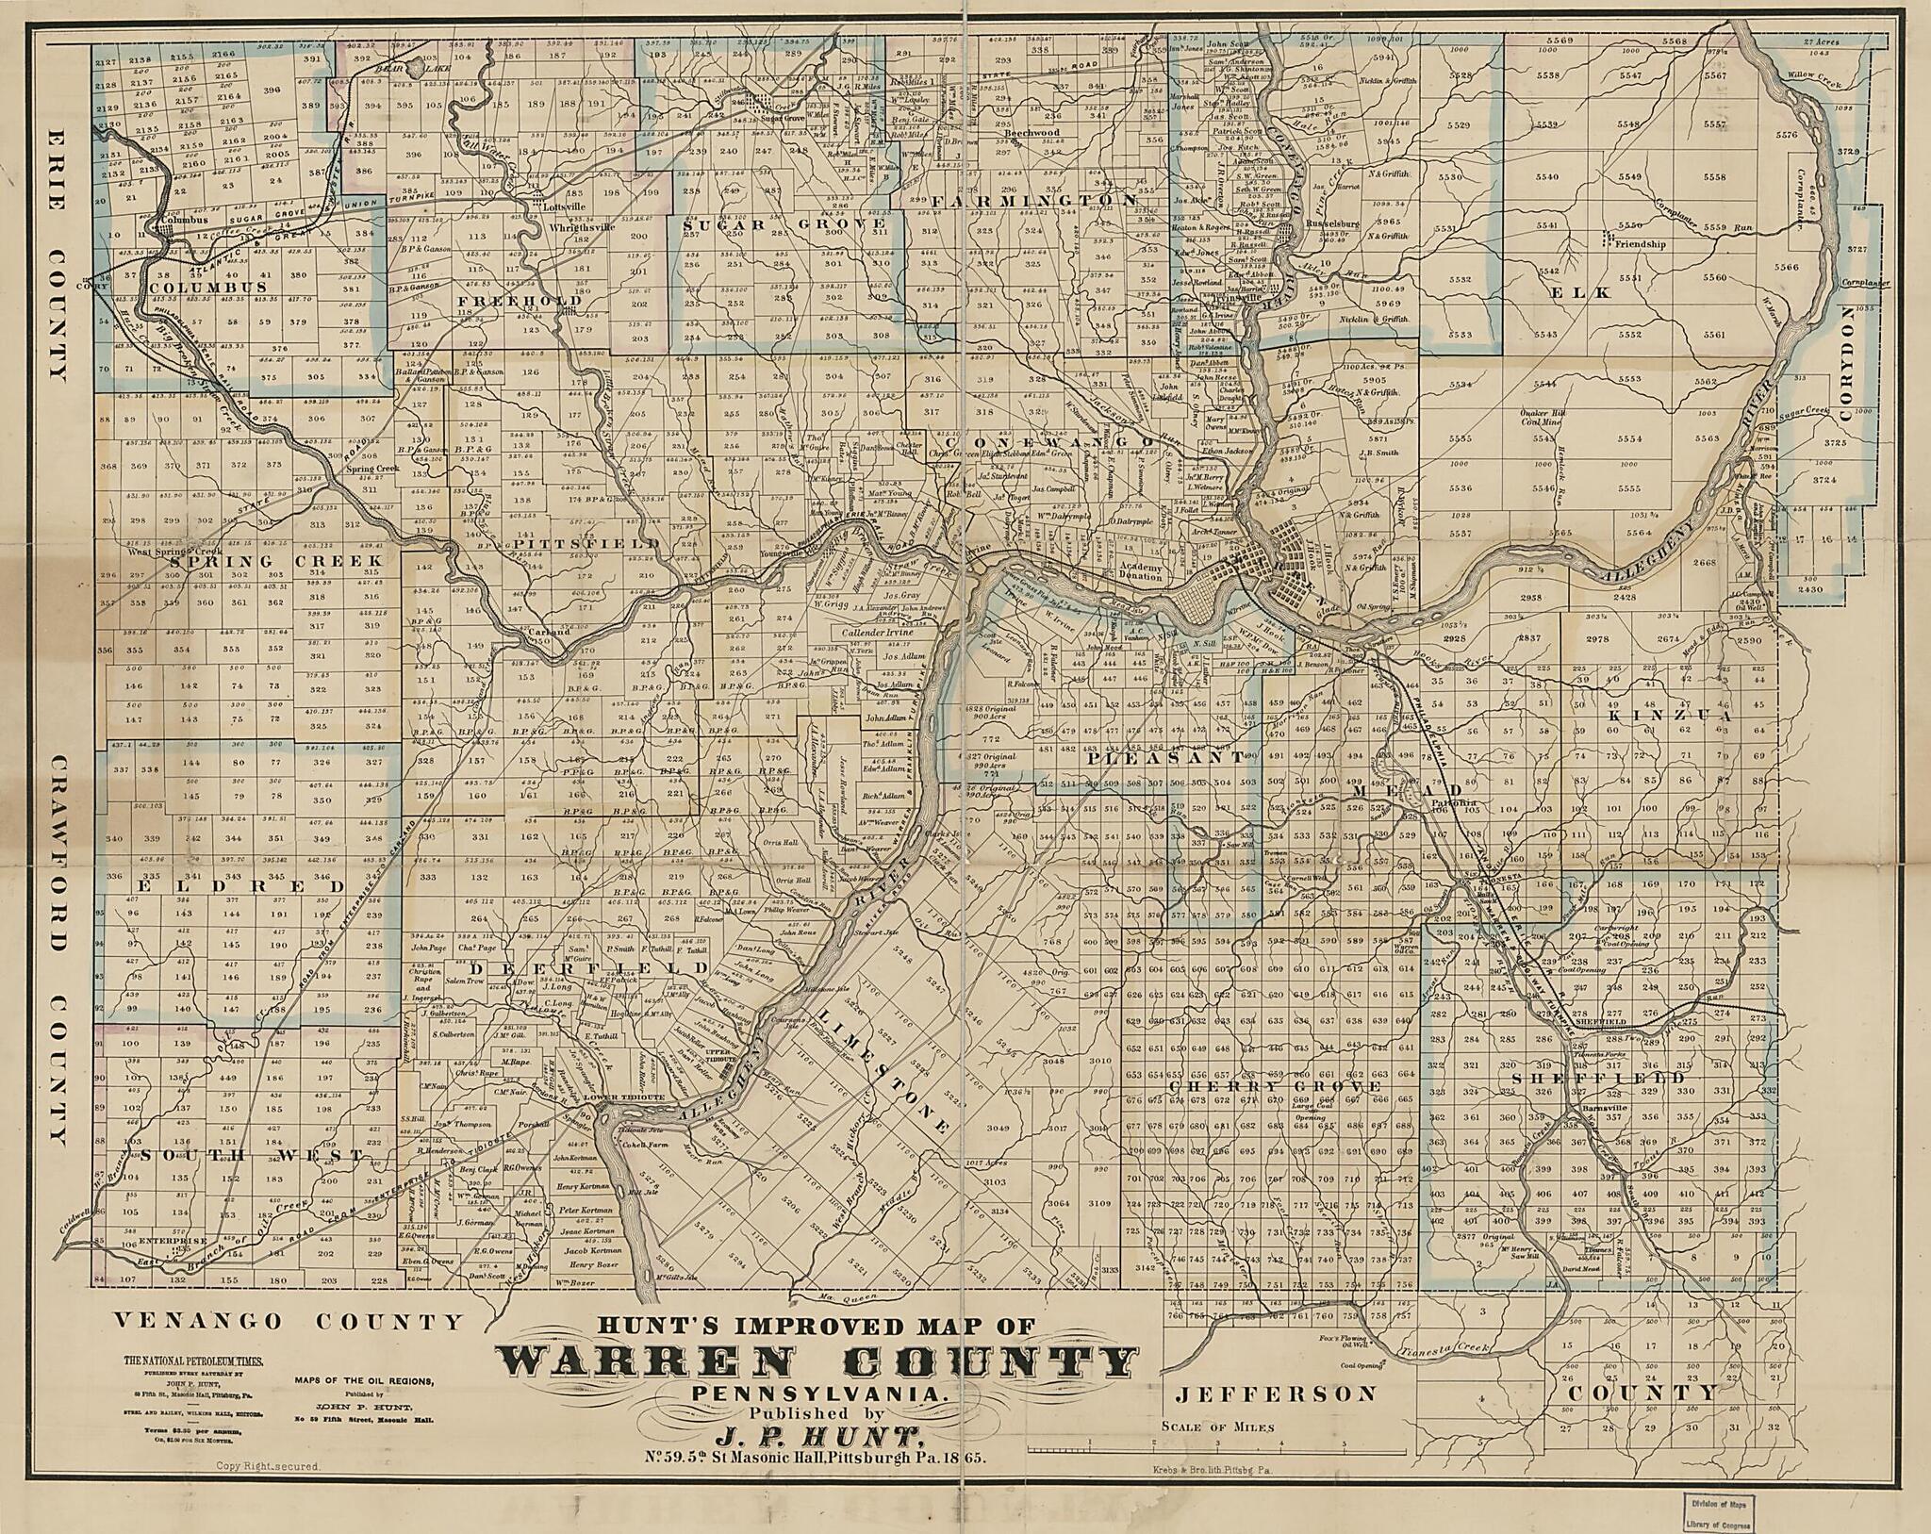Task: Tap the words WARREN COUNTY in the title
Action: [817, 1362]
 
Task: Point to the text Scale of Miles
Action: [1217, 1427]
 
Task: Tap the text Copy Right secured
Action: [270, 1467]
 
